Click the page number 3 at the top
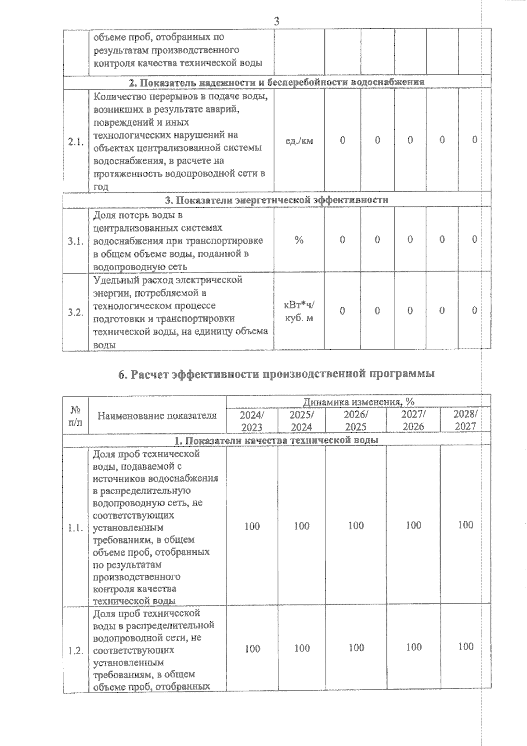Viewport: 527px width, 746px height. click(x=277, y=21)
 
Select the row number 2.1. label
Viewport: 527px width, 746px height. click(x=76, y=141)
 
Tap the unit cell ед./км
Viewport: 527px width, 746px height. click(x=299, y=141)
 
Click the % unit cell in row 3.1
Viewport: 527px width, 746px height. click(x=299, y=240)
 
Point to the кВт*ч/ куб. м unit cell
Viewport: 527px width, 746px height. click(x=299, y=311)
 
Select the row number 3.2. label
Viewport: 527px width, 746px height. click(x=76, y=312)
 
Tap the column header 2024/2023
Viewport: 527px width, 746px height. click(x=252, y=420)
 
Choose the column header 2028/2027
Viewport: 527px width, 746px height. click(x=466, y=420)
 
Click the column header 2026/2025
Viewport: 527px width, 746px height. click(x=356, y=420)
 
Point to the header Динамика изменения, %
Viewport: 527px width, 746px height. click(x=358, y=402)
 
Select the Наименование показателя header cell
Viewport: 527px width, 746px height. click(x=157, y=416)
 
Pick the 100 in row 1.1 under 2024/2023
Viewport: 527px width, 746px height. click(x=252, y=526)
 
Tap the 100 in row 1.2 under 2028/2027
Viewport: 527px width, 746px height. click(x=466, y=646)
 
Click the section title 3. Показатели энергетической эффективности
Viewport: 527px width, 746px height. click(x=277, y=200)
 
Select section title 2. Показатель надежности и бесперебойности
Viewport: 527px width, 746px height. click(x=277, y=82)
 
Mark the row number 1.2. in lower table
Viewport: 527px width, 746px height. click(x=76, y=651)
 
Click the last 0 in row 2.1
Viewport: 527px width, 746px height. click(x=475, y=140)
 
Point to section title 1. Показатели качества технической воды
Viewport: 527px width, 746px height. click(x=277, y=440)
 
